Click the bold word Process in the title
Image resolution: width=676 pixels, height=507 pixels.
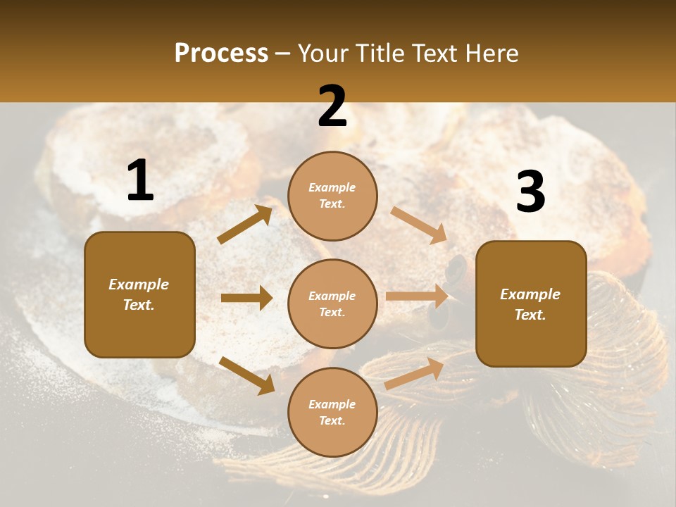[x=221, y=53]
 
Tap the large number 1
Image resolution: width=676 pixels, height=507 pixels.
[x=140, y=181]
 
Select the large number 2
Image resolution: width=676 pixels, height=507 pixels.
[x=332, y=107]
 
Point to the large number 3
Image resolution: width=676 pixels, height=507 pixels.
[x=530, y=193]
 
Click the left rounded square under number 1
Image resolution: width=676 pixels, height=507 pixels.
[x=139, y=294]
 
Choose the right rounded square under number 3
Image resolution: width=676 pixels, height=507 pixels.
[x=531, y=304]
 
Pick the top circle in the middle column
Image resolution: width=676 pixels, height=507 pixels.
[x=332, y=196]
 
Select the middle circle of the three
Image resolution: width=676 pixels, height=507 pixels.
[x=332, y=303]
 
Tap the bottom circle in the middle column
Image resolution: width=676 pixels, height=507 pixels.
[x=332, y=412]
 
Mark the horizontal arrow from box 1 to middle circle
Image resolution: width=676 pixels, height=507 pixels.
[x=246, y=298]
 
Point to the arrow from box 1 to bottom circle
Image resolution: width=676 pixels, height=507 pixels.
[x=246, y=375]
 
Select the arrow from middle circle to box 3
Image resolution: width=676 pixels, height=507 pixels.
[x=417, y=296]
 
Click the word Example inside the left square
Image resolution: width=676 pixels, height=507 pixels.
[x=139, y=284]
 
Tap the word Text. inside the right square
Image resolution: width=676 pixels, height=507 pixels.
[x=530, y=315]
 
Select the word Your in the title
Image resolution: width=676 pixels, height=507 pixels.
[x=325, y=53]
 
